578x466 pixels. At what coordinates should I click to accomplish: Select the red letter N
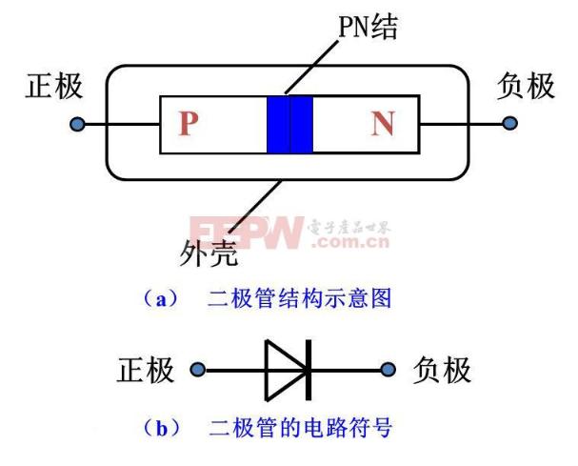point(384,123)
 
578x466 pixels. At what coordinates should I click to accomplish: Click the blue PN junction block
point(289,124)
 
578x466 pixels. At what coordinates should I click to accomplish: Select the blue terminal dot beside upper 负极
point(509,123)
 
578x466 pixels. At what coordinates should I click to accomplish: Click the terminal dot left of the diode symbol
point(197,370)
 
